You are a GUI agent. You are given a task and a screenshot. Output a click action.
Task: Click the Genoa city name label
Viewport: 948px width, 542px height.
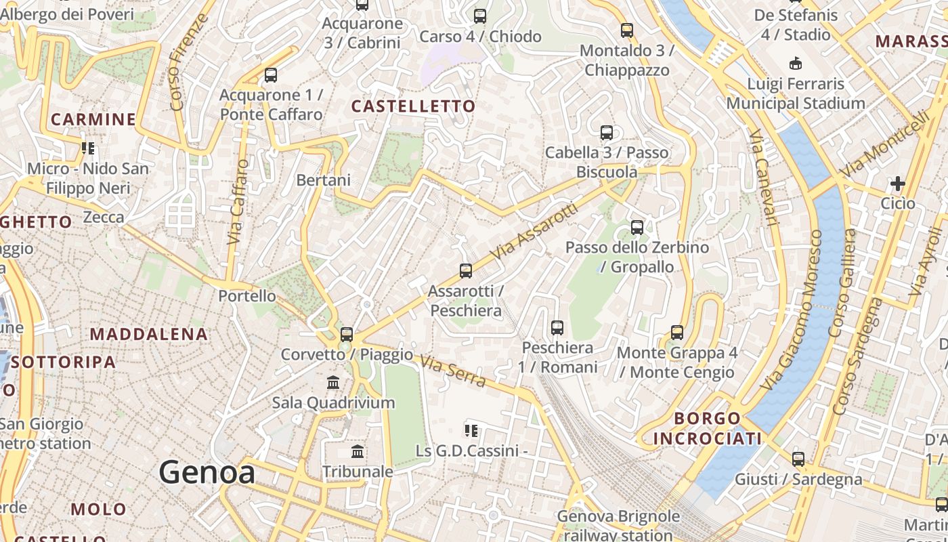pos(207,472)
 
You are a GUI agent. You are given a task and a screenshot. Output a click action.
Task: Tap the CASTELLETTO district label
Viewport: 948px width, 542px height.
pos(414,106)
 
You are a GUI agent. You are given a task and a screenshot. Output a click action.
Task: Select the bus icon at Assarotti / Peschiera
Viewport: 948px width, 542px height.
pos(466,271)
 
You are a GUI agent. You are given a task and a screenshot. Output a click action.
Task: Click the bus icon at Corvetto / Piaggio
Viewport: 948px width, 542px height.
pos(347,334)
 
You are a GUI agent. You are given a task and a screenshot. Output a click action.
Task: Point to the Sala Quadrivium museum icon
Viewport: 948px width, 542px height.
pos(333,383)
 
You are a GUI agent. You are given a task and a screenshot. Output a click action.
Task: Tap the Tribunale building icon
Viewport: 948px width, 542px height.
pos(358,451)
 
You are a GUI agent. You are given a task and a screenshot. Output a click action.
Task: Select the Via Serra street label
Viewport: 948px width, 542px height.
pos(453,371)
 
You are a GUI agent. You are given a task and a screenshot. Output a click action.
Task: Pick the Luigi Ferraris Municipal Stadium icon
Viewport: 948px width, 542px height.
pos(796,64)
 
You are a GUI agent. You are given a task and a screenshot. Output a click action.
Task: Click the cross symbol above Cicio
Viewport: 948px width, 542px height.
pos(898,184)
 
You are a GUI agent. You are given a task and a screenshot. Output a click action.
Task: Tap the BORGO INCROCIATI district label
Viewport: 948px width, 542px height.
pos(708,428)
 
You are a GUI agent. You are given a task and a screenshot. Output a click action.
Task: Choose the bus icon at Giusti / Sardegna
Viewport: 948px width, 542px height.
pos(798,459)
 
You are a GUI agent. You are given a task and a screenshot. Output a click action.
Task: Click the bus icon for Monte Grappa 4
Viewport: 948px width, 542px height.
pos(676,333)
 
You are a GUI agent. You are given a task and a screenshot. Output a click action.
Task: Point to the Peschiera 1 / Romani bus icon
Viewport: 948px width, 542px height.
pos(557,328)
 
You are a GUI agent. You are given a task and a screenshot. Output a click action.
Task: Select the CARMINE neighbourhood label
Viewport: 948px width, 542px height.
pos(93,120)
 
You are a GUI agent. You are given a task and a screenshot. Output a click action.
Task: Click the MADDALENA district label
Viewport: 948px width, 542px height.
pos(149,334)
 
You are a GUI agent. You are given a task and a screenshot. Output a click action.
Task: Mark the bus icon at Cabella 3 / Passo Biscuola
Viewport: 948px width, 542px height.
pos(607,133)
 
